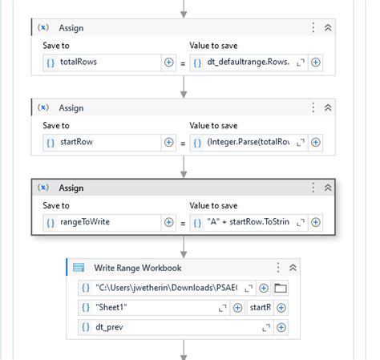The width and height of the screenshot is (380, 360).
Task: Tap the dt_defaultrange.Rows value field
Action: pos(249,62)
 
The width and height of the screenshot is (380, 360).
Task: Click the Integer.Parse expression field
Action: pos(249,142)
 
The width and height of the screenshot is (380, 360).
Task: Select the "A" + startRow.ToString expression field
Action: pos(249,222)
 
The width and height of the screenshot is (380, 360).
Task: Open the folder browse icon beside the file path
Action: pos(281,287)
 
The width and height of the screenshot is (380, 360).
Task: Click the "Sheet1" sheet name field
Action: pos(152,307)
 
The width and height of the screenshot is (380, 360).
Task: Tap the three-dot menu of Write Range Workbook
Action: pos(278,268)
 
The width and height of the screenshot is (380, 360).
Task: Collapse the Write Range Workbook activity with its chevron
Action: pos(293,268)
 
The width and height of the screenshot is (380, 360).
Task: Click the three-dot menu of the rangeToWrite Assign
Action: pos(313,188)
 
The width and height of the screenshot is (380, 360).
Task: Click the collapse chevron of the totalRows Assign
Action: pos(328,27)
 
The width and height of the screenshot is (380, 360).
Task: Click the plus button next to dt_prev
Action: pos(281,327)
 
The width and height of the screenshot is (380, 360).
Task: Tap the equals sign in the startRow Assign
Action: pos(182,143)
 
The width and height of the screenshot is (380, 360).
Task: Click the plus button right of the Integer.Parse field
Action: pos(316,142)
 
